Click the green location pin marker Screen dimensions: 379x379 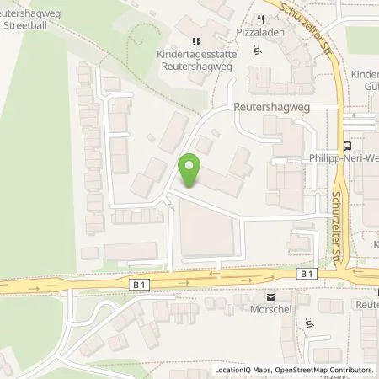pos(189,171)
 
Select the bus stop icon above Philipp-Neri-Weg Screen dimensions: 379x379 pos(346,144)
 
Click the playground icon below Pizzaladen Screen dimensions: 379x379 pos(259,49)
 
